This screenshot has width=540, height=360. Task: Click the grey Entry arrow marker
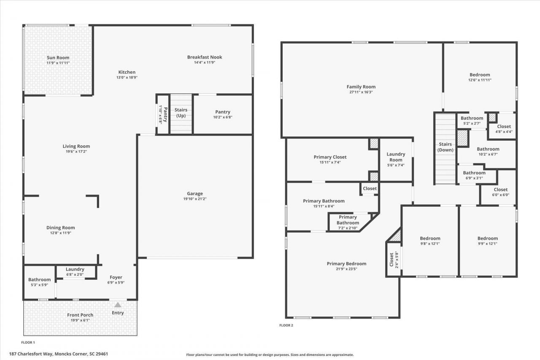118,304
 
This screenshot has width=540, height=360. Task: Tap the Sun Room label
58,58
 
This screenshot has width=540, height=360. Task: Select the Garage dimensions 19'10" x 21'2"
194,199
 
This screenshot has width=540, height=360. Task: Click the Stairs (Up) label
181,113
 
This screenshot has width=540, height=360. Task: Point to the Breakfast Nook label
205,57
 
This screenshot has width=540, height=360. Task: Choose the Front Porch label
80,315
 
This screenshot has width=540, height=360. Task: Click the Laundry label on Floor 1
75,269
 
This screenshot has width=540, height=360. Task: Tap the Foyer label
116,277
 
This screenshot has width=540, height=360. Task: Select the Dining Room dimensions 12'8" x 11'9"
60,233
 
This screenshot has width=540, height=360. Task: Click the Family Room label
361,87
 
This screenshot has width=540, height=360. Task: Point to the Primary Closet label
330,157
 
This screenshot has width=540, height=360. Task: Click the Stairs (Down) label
445,147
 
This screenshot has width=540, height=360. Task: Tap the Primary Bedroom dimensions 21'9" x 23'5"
346,269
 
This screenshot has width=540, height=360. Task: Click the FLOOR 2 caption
286,325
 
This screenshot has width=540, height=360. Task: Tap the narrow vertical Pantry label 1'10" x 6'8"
163,114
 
